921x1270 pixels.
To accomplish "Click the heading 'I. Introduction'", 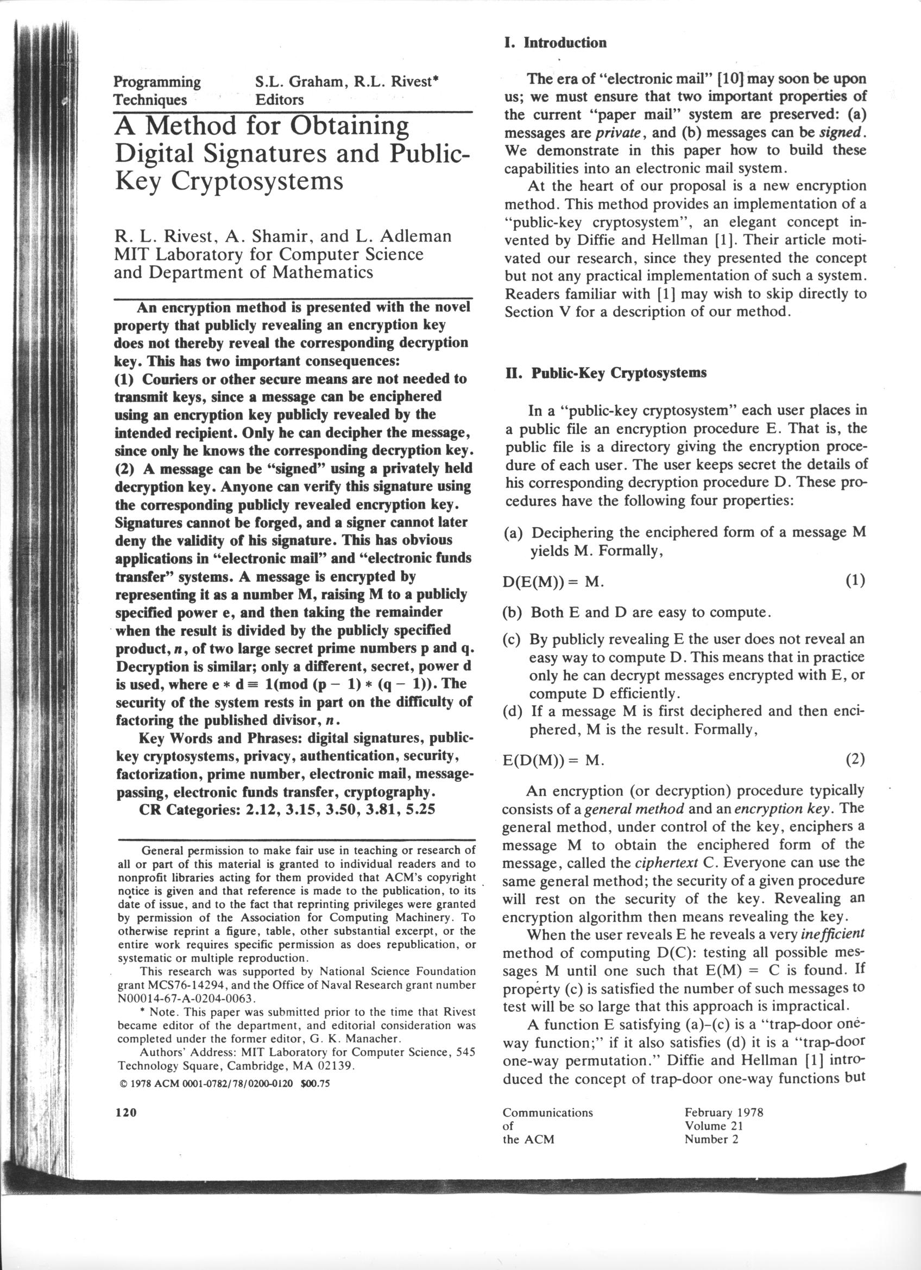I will [x=555, y=43].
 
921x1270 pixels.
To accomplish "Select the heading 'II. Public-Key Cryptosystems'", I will [x=606, y=373].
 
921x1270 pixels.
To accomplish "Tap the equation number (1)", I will [x=855, y=580].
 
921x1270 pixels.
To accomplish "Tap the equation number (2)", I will [x=855, y=759].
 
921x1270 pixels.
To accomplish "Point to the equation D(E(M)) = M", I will [x=553, y=582].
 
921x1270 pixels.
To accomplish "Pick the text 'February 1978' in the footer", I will [x=723, y=1112].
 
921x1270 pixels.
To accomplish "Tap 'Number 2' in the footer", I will [x=711, y=1139].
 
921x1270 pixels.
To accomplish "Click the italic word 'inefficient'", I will [x=832, y=934].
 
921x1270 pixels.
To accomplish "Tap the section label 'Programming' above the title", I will [x=157, y=82].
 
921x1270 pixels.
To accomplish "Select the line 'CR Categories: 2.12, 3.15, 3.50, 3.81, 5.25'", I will [x=287, y=809].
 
